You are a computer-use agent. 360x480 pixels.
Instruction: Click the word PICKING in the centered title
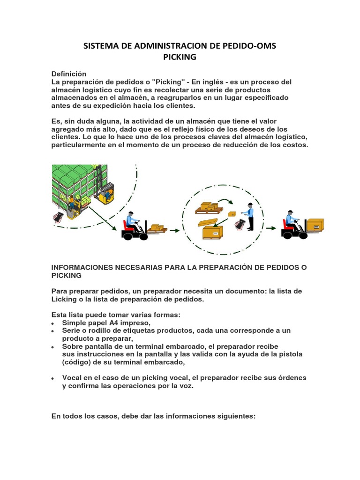(180, 57)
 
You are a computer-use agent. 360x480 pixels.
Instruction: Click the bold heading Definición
(69, 74)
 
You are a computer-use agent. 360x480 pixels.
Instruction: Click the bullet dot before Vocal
(53, 378)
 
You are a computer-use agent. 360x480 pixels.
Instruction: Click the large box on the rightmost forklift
(312, 225)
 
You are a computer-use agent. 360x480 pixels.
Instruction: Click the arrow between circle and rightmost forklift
(270, 229)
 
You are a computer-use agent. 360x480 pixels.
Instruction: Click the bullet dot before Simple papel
(53, 323)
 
